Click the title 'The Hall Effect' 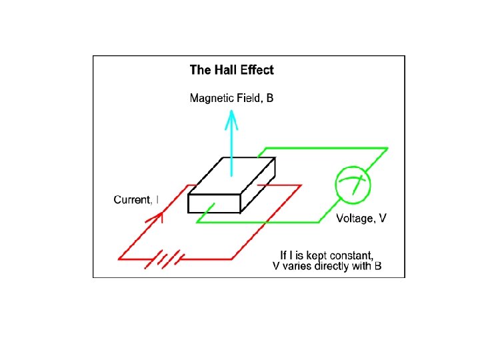(231, 69)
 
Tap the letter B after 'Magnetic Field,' (269, 99)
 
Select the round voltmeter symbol (352, 185)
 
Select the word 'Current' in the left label (132, 199)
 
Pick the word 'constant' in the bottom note (350, 255)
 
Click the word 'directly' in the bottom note (329, 267)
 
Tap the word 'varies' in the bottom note (297, 267)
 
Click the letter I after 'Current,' (157, 199)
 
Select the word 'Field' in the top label (249, 99)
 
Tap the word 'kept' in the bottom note (314, 255)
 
